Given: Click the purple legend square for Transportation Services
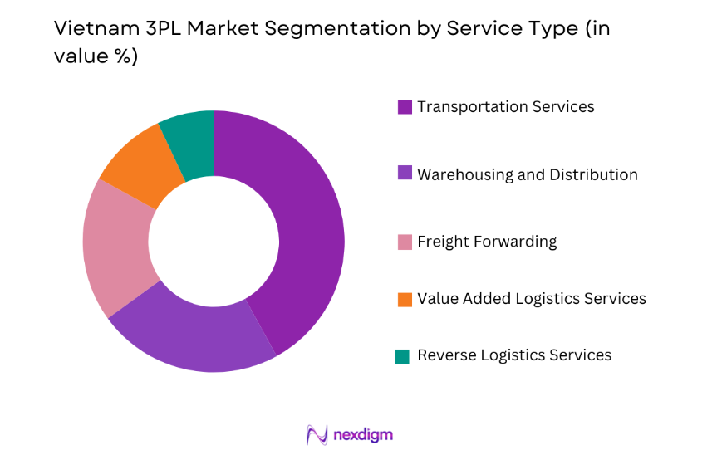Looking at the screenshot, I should click(405, 107).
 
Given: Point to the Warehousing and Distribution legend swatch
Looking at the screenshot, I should click(405, 174).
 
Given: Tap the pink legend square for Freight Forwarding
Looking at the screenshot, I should click(405, 242).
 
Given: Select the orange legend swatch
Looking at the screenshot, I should click(405, 299).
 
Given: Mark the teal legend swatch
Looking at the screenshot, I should click(403, 356).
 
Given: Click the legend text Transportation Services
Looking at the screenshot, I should click(505, 107).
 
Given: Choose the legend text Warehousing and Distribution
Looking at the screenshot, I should click(527, 174).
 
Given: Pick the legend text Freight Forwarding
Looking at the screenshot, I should click(486, 242).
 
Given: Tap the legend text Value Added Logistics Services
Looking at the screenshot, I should click(531, 298).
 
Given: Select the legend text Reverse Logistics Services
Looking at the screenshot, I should click(513, 355).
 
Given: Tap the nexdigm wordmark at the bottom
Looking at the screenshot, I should click(363, 434).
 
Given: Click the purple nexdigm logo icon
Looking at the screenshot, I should click(317, 435).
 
